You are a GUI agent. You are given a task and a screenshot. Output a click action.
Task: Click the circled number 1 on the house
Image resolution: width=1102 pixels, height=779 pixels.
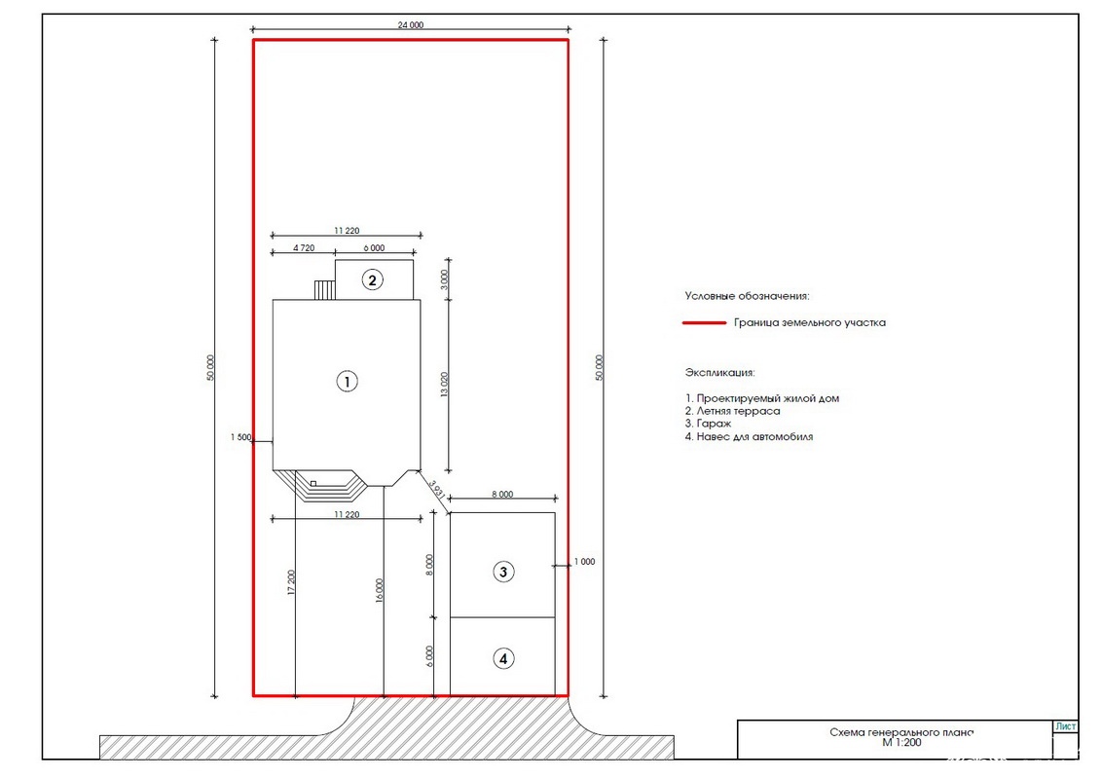(347, 382)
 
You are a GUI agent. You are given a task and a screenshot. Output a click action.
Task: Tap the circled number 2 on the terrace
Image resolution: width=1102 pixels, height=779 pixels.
(373, 280)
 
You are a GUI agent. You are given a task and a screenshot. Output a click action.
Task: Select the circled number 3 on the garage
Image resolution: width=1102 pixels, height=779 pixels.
(503, 573)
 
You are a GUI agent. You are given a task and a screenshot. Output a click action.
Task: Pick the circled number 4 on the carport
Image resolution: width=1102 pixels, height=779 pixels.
(503, 659)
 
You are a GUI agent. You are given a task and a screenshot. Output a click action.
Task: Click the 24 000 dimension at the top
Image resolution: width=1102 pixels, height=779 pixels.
(411, 25)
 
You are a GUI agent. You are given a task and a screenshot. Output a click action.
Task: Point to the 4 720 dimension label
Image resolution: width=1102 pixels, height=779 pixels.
(304, 248)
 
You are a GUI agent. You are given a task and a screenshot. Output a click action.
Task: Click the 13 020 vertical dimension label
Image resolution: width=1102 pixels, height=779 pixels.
(444, 385)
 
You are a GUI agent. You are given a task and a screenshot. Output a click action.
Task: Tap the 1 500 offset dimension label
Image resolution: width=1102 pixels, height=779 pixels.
(240, 437)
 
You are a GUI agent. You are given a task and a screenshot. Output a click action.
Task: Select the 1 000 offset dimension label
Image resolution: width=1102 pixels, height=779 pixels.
(585, 562)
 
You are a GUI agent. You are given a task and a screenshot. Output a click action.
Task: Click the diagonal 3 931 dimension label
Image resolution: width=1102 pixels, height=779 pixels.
(436, 490)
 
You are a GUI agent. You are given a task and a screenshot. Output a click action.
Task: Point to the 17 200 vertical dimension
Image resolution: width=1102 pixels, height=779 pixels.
(292, 583)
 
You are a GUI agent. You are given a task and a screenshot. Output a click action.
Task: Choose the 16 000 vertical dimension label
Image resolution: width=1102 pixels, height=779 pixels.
(380, 590)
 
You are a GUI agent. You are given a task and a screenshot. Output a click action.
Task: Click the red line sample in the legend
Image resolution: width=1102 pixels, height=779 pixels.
(704, 322)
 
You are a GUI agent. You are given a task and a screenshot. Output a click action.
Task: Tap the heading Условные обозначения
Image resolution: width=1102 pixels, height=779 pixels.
(747, 297)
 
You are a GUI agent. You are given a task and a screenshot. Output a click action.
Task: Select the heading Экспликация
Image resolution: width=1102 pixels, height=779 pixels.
(719, 373)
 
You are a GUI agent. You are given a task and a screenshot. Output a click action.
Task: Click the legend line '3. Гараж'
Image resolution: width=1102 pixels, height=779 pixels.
(709, 424)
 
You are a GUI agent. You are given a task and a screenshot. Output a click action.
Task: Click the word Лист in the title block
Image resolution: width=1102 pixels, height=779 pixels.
(1065, 726)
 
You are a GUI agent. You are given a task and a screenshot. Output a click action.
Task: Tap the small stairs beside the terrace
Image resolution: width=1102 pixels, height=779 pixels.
(325, 290)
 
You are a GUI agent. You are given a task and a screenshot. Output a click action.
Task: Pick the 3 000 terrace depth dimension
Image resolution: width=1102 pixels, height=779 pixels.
(444, 279)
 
